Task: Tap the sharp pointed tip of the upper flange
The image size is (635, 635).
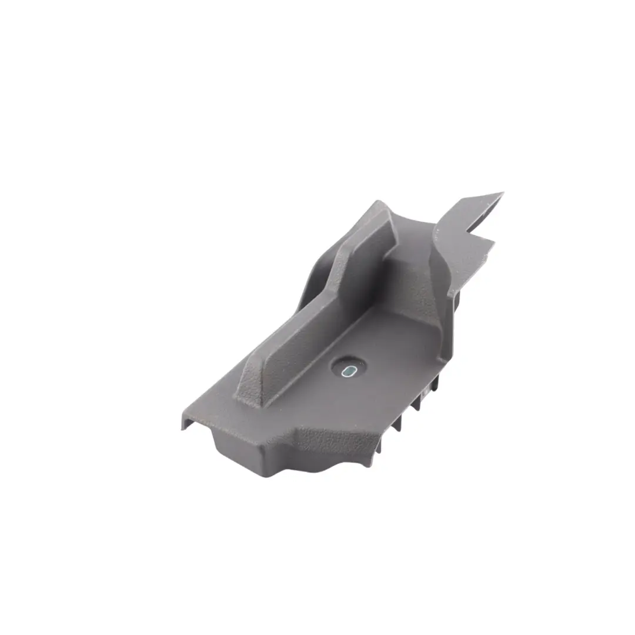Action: pyautogui.click(x=501, y=193)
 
